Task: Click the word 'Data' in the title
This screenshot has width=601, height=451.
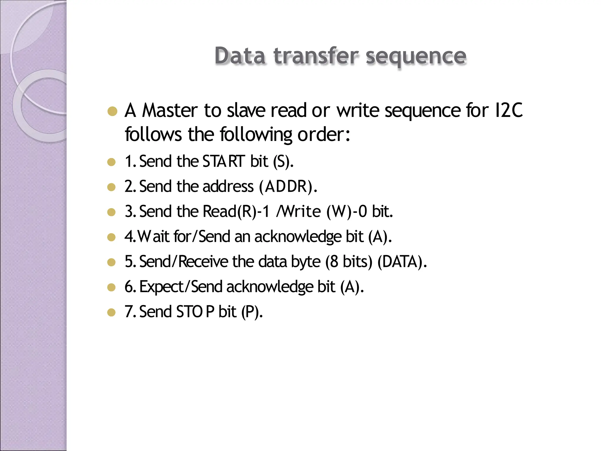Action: coord(240,56)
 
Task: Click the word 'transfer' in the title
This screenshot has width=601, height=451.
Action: coord(316,56)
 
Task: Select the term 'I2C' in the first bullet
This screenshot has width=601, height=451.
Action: coord(509,110)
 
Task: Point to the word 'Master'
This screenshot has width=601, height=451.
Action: coord(170,110)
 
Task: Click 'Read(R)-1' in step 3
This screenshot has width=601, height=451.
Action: coord(236,211)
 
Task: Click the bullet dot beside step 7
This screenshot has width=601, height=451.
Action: coord(112,312)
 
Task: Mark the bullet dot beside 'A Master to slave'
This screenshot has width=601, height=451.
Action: coord(112,112)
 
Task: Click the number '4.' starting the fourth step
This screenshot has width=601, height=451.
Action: coord(130,236)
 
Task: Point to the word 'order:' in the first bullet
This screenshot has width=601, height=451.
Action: coord(324,134)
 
